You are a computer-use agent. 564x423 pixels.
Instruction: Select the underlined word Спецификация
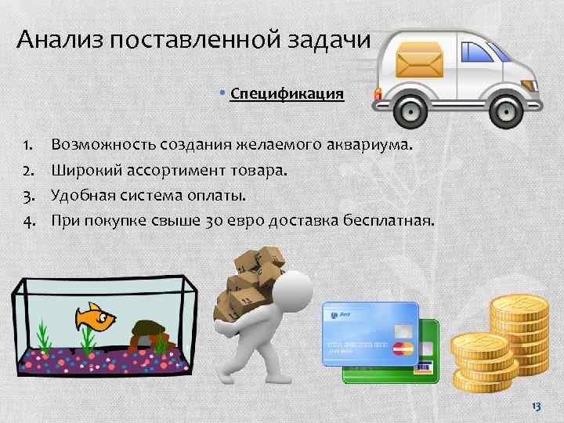point(287,94)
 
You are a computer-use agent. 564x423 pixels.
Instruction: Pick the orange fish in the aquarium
point(96,316)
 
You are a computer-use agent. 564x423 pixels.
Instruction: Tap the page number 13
point(536,406)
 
